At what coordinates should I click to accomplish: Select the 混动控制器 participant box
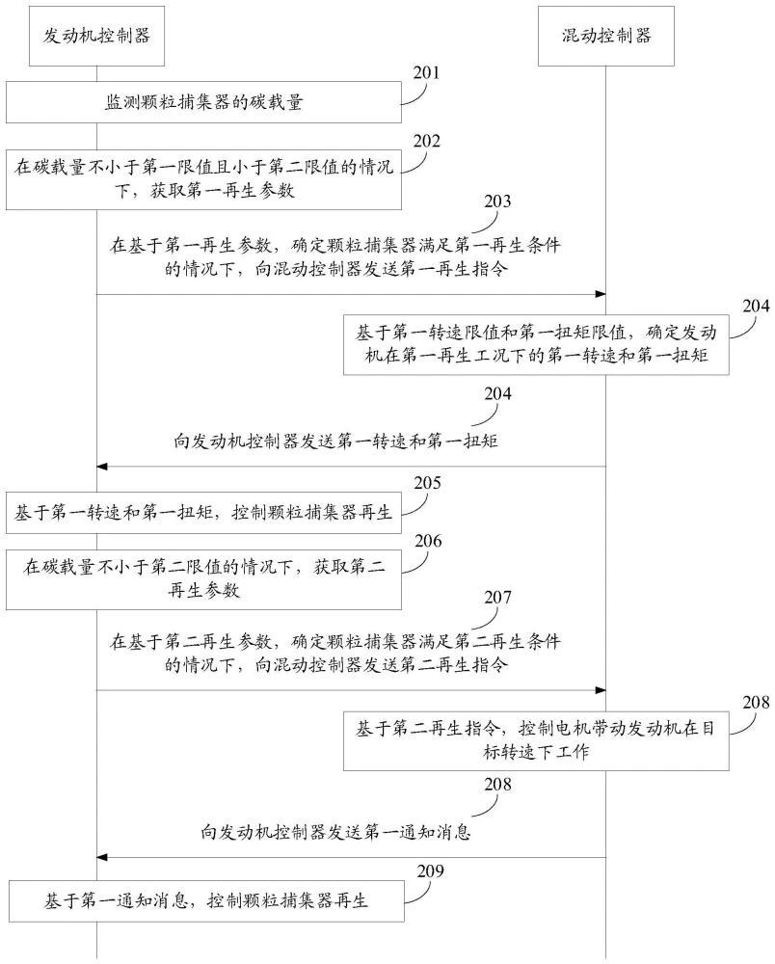(606, 36)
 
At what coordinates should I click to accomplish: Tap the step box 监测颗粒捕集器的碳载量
(203, 102)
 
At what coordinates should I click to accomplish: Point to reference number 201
(427, 72)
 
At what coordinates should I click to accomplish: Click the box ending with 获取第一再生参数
(203, 179)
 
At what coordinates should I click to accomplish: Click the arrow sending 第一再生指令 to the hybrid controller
(351, 294)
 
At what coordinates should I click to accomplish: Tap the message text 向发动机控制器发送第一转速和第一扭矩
(335, 441)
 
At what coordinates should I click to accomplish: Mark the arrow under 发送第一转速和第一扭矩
(351, 467)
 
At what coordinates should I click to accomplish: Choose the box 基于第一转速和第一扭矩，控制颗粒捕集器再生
(203, 513)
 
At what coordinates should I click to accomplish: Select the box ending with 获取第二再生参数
(203, 580)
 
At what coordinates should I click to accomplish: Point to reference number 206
(427, 542)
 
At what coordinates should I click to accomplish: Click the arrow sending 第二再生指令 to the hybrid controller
(351, 690)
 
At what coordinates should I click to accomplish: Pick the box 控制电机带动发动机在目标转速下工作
(537, 740)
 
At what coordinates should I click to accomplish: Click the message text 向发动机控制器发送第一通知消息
(335, 831)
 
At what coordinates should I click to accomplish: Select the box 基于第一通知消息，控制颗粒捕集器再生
(203, 901)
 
